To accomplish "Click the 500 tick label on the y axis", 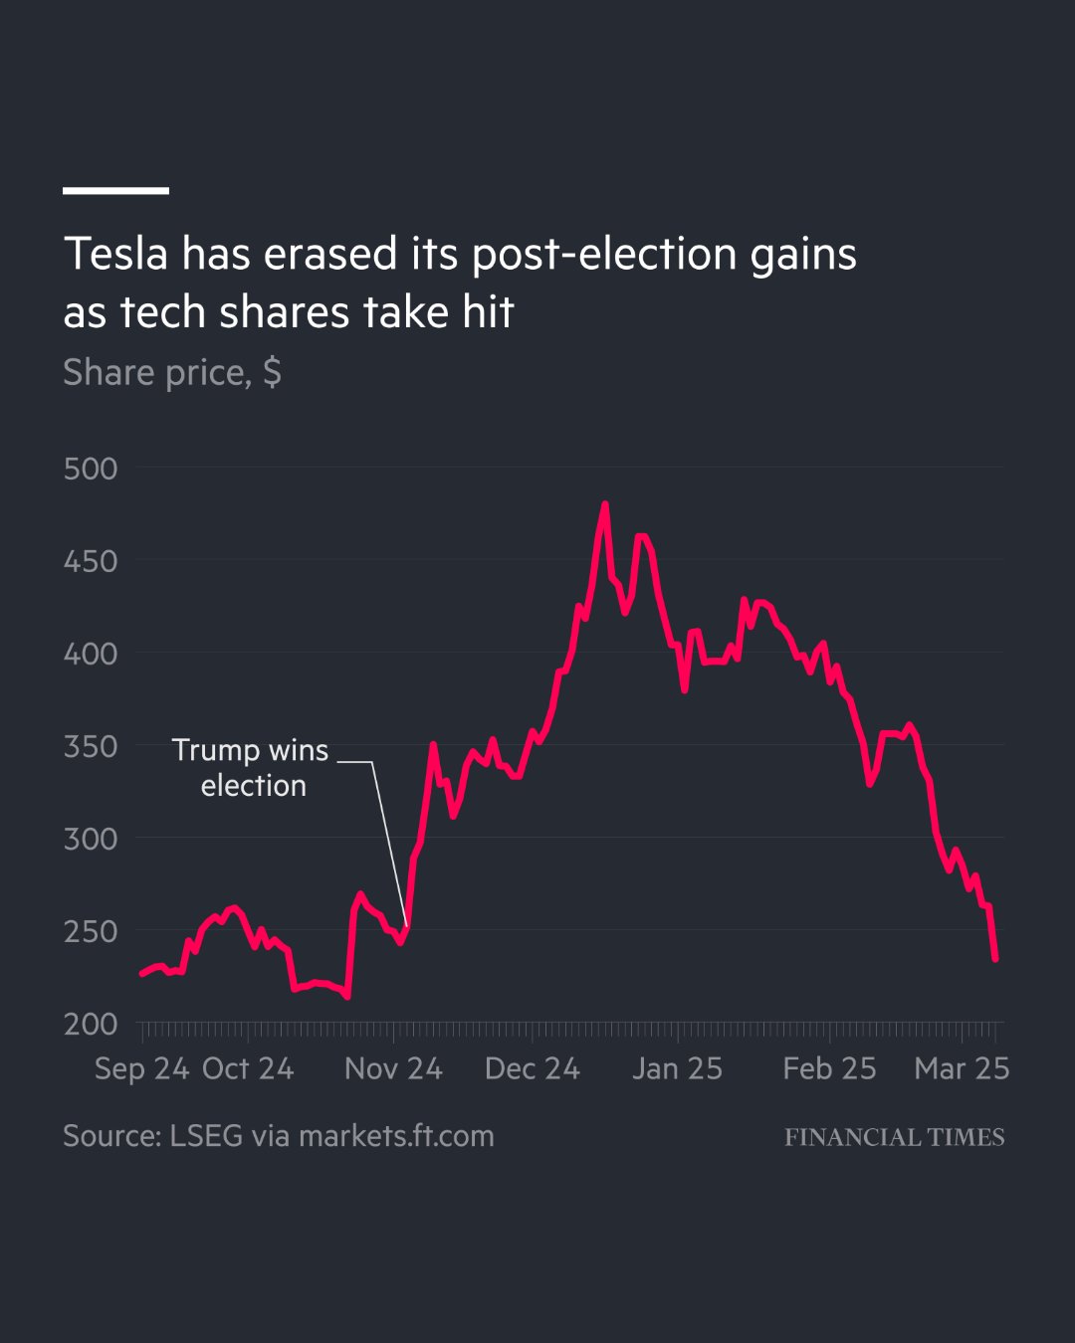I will (91, 469).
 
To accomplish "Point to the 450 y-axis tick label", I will (91, 561).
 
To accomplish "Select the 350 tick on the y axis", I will (91, 746).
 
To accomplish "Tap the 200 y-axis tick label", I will (91, 1024).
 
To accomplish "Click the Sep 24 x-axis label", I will (141, 1068).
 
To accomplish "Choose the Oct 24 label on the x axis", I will (248, 1068).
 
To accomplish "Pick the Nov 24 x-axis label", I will (393, 1068).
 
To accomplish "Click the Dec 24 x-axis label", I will (532, 1068).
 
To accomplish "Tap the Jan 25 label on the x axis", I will (677, 1068).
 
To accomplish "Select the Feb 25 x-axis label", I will (829, 1068).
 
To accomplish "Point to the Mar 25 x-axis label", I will (962, 1068).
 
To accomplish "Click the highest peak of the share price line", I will (605, 504).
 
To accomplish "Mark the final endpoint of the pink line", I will (995, 959).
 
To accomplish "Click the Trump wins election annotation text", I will (251, 767).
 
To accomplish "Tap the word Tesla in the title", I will (115, 255).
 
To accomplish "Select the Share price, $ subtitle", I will (172, 372).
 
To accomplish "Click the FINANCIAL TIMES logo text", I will (894, 1137).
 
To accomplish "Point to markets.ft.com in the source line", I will (396, 1136).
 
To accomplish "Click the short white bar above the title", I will (115, 190).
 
